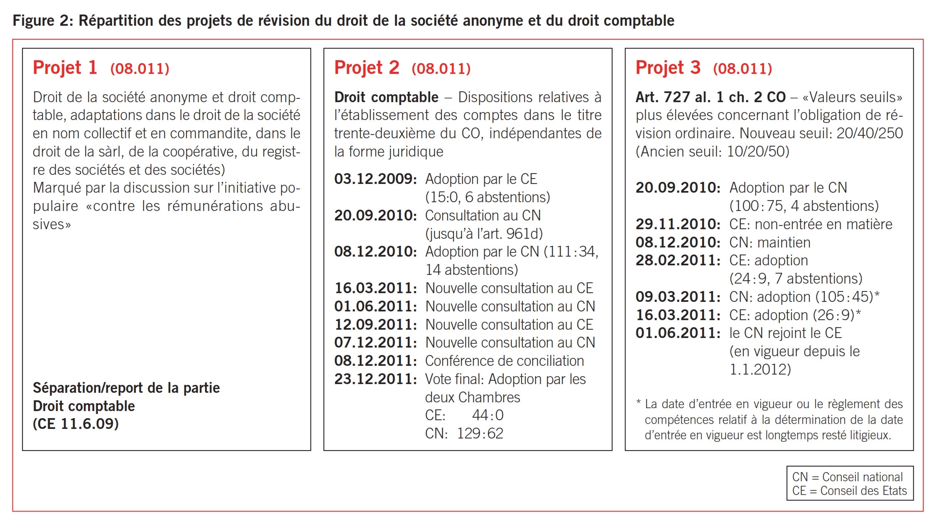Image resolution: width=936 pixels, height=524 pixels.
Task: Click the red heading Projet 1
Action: (65, 68)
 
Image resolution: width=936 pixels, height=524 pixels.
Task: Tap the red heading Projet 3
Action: (668, 68)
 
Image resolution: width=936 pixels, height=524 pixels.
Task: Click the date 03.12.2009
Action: (375, 179)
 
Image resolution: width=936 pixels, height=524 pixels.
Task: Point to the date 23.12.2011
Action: (375, 379)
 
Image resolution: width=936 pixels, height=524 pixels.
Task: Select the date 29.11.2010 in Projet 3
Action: (678, 224)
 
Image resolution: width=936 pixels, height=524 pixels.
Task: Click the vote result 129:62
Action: (480, 433)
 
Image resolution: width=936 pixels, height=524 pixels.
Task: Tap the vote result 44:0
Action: (488, 415)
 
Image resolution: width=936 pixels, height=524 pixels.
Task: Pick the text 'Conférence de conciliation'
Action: (504, 361)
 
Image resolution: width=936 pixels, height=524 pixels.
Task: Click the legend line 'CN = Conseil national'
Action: (847, 477)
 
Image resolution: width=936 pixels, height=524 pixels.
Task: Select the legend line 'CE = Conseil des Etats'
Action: (849, 491)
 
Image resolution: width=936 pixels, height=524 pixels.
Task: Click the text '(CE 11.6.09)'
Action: (76, 424)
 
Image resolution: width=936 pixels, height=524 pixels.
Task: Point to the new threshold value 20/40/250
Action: (870, 133)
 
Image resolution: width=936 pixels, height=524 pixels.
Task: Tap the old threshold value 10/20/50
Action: (757, 152)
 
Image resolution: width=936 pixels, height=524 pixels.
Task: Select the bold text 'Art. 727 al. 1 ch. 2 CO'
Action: (711, 97)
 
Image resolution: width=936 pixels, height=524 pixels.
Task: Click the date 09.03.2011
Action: (678, 297)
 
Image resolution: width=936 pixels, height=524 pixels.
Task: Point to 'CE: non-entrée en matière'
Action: (811, 224)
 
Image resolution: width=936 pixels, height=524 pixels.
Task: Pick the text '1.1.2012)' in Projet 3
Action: (760, 370)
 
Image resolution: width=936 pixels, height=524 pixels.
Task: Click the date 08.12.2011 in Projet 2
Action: (375, 361)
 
